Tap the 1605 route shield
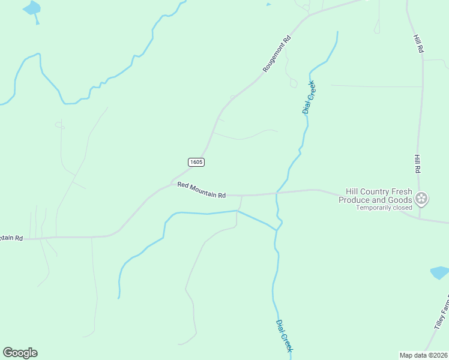pyautogui.click(x=196, y=162)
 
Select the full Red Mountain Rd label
pyautogui.click(x=201, y=190)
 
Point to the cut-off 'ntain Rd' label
pyautogui.click(x=11, y=238)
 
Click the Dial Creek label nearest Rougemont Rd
pyautogui.click(x=308, y=97)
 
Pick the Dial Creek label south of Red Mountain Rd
pyautogui.click(x=285, y=335)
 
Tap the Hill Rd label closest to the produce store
pyautogui.click(x=417, y=164)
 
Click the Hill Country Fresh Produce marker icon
pyautogui.click(x=421, y=197)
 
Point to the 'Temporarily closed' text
pyautogui.click(x=384, y=208)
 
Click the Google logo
pyautogui.click(x=20, y=353)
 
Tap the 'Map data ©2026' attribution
pyautogui.click(x=424, y=355)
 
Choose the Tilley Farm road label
pyautogui.click(x=441, y=323)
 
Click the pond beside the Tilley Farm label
pyautogui.click(x=440, y=273)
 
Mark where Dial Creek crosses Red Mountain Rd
pyautogui.click(x=276, y=193)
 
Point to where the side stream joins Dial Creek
pyautogui.click(x=277, y=229)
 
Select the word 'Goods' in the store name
pyautogui.click(x=399, y=200)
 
